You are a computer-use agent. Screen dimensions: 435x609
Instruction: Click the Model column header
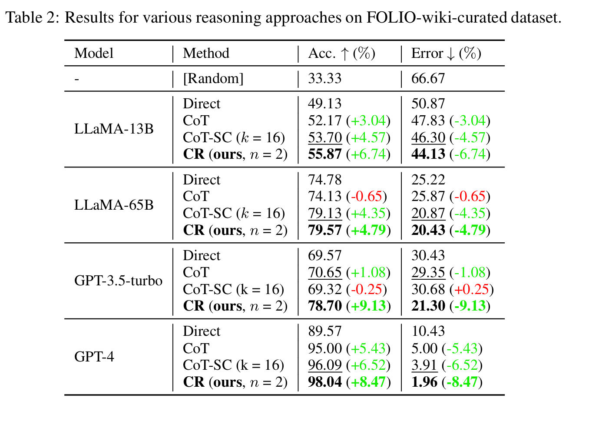click(x=94, y=54)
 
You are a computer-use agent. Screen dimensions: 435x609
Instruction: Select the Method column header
click(x=206, y=54)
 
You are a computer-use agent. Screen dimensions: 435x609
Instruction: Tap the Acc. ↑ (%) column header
click(x=341, y=54)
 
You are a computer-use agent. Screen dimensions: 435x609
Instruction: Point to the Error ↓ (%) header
click(x=446, y=54)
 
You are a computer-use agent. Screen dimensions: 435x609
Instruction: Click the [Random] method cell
click(x=213, y=79)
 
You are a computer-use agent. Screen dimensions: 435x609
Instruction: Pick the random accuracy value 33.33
click(x=324, y=79)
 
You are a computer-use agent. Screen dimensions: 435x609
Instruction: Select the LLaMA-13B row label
click(x=114, y=129)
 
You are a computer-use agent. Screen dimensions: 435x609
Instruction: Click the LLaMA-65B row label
click(x=114, y=205)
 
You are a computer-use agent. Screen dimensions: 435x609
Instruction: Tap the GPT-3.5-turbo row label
click(x=118, y=281)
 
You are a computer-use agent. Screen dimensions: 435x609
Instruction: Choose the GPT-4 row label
click(x=94, y=357)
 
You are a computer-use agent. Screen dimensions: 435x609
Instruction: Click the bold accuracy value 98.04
click(x=324, y=382)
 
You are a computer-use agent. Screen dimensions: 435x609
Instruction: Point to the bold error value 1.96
click(x=424, y=382)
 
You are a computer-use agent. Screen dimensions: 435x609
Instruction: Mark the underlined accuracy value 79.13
click(x=324, y=213)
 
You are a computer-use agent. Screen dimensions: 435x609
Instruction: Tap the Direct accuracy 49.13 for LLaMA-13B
click(x=324, y=104)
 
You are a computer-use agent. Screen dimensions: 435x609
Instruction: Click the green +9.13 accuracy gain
click(x=368, y=306)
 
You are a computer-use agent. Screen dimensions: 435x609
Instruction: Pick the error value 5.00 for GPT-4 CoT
click(x=424, y=348)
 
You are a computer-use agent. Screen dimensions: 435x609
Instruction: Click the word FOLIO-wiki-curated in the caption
click(x=436, y=18)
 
